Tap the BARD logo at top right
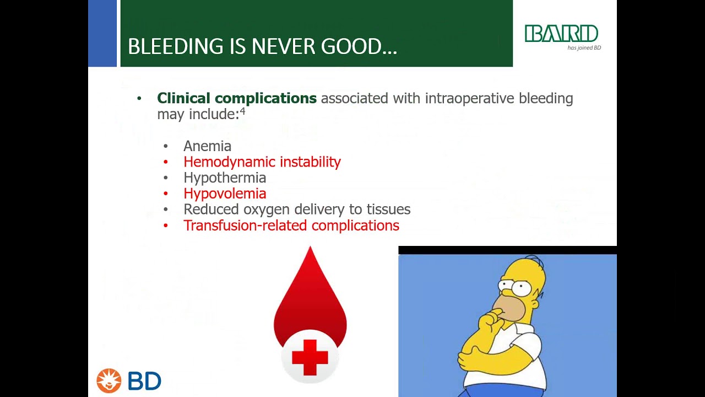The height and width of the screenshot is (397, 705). [x=561, y=34]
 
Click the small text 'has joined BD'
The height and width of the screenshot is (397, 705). [x=584, y=48]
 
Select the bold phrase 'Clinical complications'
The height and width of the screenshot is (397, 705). [x=237, y=98]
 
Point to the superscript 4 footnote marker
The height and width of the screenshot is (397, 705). [x=242, y=112]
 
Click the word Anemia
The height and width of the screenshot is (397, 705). [x=207, y=146]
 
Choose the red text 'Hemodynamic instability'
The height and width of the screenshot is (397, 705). [x=262, y=162]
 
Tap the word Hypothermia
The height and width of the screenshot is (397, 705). [x=225, y=178]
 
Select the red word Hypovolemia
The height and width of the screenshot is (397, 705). [x=225, y=194]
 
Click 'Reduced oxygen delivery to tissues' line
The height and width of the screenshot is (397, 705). [x=297, y=210]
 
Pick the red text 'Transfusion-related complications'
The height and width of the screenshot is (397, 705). [x=291, y=226]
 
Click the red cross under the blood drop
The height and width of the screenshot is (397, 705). [x=310, y=357]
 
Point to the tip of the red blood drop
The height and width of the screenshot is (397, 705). [x=310, y=250]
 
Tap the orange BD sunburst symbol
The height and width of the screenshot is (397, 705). [x=109, y=380]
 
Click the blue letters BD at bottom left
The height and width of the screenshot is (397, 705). [x=144, y=381]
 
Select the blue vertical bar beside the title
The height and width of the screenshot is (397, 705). [x=102, y=33]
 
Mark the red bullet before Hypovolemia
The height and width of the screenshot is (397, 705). [x=166, y=194]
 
